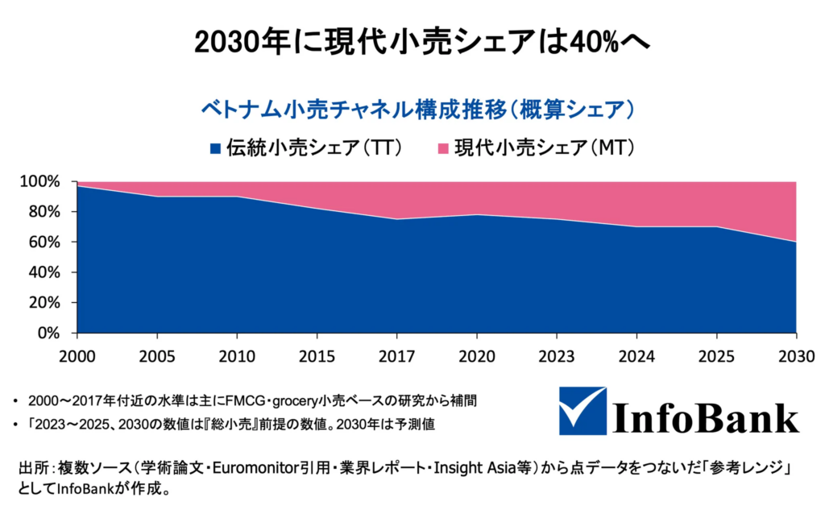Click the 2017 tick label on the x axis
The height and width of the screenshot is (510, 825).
tap(396, 355)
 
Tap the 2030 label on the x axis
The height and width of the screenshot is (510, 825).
tap(796, 355)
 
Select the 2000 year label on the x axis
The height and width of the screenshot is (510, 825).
tap(77, 355)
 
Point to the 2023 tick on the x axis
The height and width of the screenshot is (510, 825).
tap(556, 355)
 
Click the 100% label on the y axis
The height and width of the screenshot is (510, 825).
tap(39, 182)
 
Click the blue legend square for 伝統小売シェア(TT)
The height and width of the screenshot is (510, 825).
tap(215, 148)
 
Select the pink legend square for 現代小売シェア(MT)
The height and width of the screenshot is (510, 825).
tap(442, 148)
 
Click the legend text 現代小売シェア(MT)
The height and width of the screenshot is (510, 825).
tap(545, 147)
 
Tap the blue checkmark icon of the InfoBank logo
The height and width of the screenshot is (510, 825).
tap(582, 410)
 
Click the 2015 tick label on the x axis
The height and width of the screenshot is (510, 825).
tap(317, 355)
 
